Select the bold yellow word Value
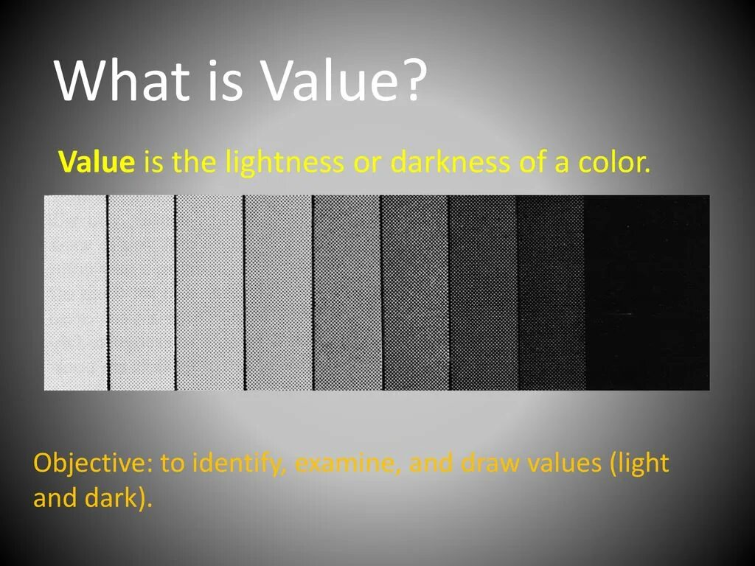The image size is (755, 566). (x=97, y=161)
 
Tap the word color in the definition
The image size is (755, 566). (x=614, y=161)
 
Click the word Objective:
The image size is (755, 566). (x=93, y=464)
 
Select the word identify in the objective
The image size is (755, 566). (x=239, y=464)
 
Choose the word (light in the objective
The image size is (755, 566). (x=640, y=464)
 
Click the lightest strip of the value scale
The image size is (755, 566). (x=75, y=293)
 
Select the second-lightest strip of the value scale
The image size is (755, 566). (x=142, y=293)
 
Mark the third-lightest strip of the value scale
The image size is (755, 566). (x=209, y=293)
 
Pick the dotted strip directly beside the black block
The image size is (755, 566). (x=551, y=293)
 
